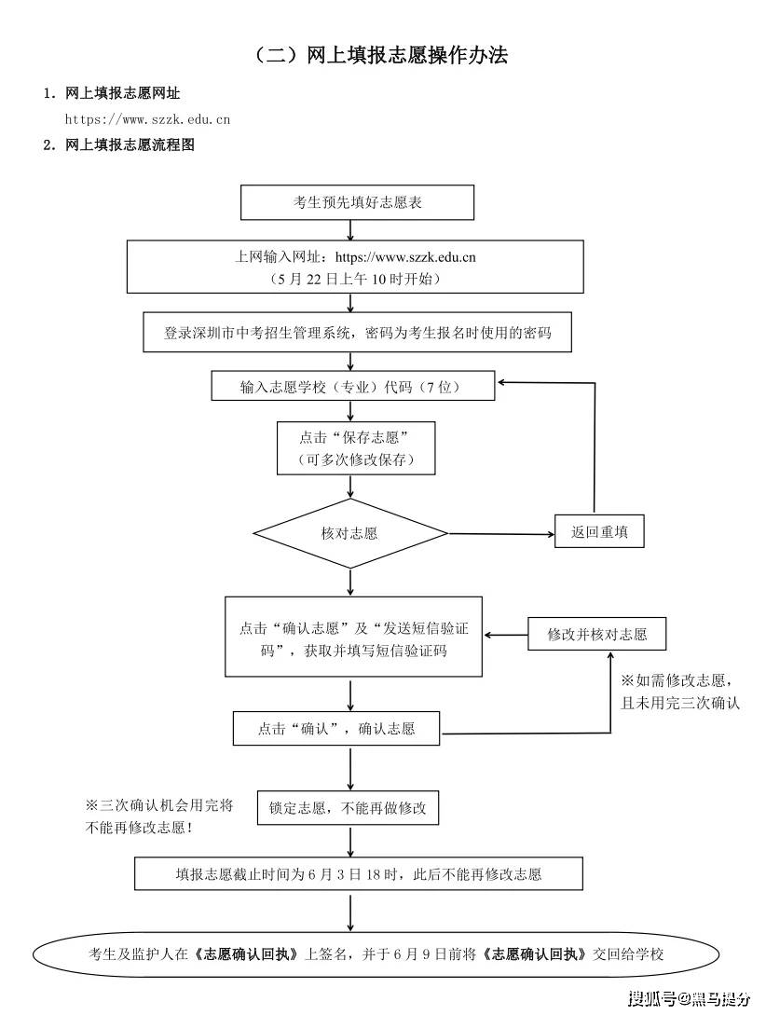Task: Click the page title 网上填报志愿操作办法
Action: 382,56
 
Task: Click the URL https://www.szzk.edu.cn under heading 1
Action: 147,118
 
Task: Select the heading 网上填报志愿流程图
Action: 130,144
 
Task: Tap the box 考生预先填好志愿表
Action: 357,202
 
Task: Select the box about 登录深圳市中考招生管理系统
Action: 357,333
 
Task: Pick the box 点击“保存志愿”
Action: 355,447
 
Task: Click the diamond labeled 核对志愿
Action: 350,533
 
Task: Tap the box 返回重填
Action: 599,532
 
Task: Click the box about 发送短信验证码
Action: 353,638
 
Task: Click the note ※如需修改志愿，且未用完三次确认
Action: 680,691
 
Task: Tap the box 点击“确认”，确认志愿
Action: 336,728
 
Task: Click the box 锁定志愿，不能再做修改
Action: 348,807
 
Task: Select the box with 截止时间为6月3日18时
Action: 359,873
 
